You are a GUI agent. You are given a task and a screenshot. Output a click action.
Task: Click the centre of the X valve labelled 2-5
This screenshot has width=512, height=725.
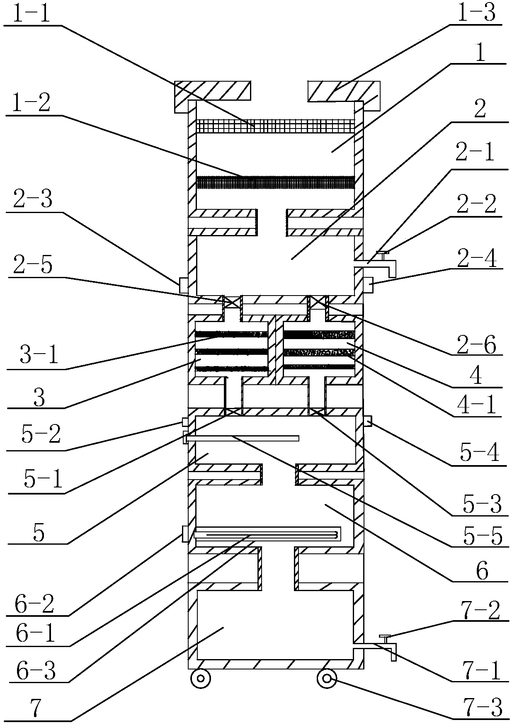(x=232, y=302)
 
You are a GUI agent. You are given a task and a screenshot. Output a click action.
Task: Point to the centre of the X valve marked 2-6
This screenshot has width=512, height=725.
(x=318, y=302)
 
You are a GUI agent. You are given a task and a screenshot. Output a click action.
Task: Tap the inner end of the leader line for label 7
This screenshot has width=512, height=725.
(x=224, y=628)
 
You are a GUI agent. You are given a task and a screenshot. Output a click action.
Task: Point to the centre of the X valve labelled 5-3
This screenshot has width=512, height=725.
(x=318, y=412)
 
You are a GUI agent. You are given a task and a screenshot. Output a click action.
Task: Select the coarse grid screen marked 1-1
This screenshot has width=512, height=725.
(x=275, y=126)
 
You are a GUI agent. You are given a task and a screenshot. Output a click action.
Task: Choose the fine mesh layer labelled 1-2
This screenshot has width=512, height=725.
(x=275, y=182)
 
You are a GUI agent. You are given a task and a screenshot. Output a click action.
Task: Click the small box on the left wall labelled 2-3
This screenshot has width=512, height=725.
(x=184, y=285)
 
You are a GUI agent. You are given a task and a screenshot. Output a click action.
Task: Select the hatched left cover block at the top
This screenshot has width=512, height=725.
(x=213, y=96)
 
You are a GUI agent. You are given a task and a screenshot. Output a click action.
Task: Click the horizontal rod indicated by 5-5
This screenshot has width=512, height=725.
(x=243, y=438)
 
